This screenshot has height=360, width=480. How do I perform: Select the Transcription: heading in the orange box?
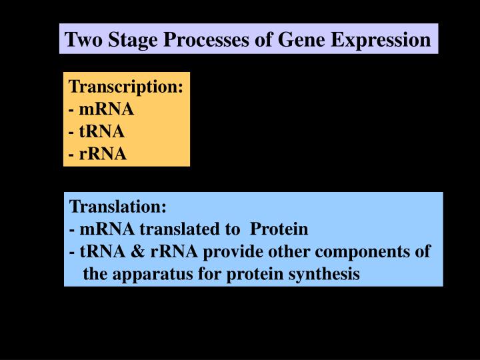coord(127,87)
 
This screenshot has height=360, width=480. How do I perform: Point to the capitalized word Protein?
coord(279,229)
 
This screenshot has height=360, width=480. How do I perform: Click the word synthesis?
coord(328,274)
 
